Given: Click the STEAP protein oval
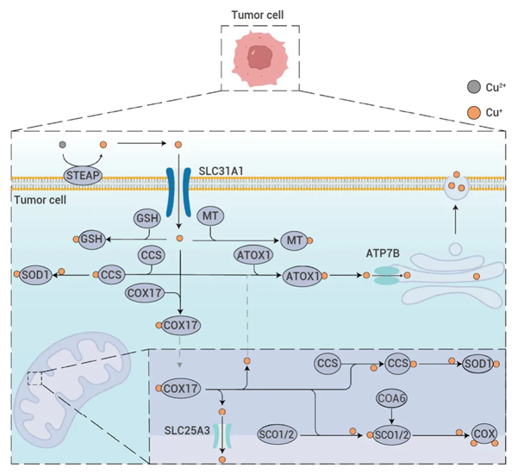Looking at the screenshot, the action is pyautogui.click(x=83, y=175).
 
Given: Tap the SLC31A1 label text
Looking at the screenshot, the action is pyautogui.click(x=221, y=172).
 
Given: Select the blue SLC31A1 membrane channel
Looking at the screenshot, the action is pyautogui.click(x=178, y=192).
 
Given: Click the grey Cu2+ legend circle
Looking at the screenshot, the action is pyautogui.click(x=473, y=87).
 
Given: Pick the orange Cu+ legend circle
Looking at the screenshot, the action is pyautogui.click(x=473, y=113).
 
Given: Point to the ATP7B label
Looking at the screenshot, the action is pyautogui.click(x=383, y=253).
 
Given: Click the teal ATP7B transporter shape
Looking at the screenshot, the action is pyautogui.click(x=386, y=276).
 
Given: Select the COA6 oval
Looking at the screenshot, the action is pyautogui.click(x=391, y=398).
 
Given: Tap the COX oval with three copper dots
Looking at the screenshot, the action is pyautogui.click(x=483, y=433).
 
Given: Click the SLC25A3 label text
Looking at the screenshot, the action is pyautogui.click(x=187, y=430).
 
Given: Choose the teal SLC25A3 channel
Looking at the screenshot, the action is pyautogui.click(x=222, y=435).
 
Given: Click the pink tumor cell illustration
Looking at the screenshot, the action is pyautogui.click(x=260, y=59).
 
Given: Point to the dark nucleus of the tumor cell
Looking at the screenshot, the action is pyautogui.click(x=260, y=58).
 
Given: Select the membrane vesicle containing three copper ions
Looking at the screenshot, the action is pyautogui.click(x=457, y=187).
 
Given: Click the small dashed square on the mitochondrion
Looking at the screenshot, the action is pyautogui.click(x=34, y=378).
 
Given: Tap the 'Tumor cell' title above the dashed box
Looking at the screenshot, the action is pyautogui.click(x=258, y=15).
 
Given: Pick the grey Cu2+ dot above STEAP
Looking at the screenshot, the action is pyautogui.click(x=62, y=145).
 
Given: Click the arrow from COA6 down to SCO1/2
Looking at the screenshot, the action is pyautogui.click(x=391, y=416).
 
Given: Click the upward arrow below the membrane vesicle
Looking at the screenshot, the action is pyautogui.click(x=455, y=220).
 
